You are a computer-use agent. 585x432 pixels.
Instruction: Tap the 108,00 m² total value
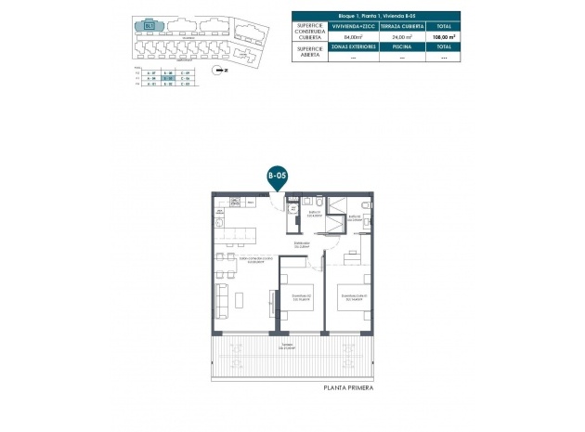coord(444,37)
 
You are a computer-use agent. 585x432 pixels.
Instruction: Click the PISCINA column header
coord(402,46)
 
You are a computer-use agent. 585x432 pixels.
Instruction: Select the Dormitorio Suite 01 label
coord(353,298)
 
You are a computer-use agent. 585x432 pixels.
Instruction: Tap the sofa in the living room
coord(222,300)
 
